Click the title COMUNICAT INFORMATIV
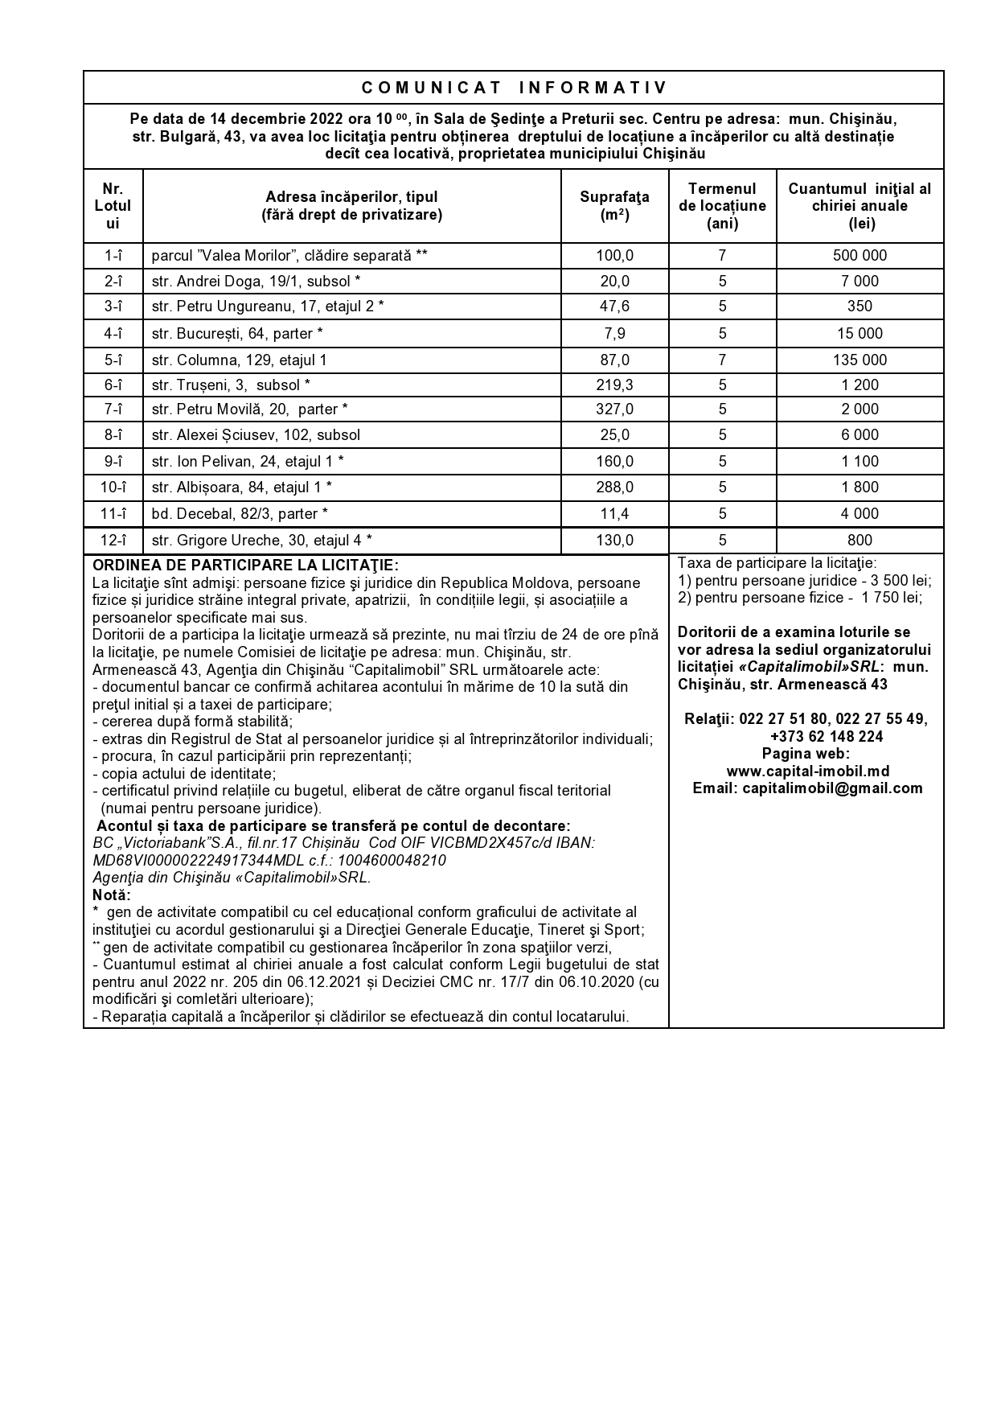click(514, 88)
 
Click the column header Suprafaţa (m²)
click(614, 206)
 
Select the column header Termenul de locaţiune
click(722, 206)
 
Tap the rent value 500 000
click(860, 256)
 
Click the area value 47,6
click(614, 306)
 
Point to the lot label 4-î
click(113, 334)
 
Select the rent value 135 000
click(860, 360)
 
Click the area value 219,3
click(614, 385)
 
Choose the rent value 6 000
click(860, 435)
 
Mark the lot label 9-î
click(113, 462)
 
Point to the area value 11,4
click(614, 514)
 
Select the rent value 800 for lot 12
click(860, 541)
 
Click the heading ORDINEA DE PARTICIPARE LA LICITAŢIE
click(245, 566)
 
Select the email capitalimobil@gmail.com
click(807, 788)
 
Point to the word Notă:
click(112, 895)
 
